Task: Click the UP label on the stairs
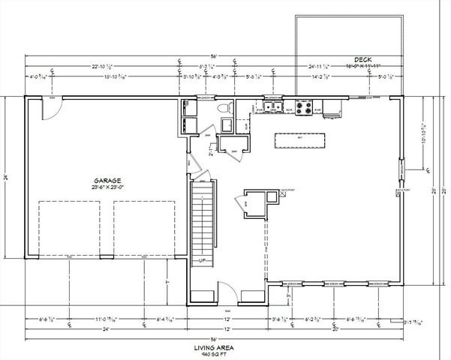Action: pyautogui.click(x=202, y=260)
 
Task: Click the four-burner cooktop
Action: pyautogui.click(x=305, y=109)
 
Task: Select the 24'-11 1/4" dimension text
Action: pyautogui.click(x=320, y=67)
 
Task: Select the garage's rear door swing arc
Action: pyautogui.click(x=48, y=109)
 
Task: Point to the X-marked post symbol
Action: pyautogui.click(x=283, y=193)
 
